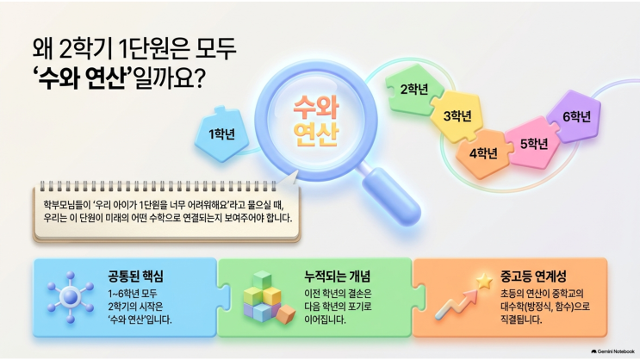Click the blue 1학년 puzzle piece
tap(222, 134)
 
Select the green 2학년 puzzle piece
tap(414, 89)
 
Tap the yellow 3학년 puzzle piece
tap(457, 116)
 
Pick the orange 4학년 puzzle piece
tap(483, 153)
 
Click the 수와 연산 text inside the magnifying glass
tap(316, 121)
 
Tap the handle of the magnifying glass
tap(391, 196)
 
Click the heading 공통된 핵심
tap(135, 276)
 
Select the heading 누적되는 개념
tap(337, 276)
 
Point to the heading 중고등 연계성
tap(533, 276)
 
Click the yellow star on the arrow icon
tap(484, 282)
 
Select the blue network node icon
tap(71, 297)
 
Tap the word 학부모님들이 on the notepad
tap(63, 204)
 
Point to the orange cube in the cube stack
tap(285, 313)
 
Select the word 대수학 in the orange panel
tap(513, 307)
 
